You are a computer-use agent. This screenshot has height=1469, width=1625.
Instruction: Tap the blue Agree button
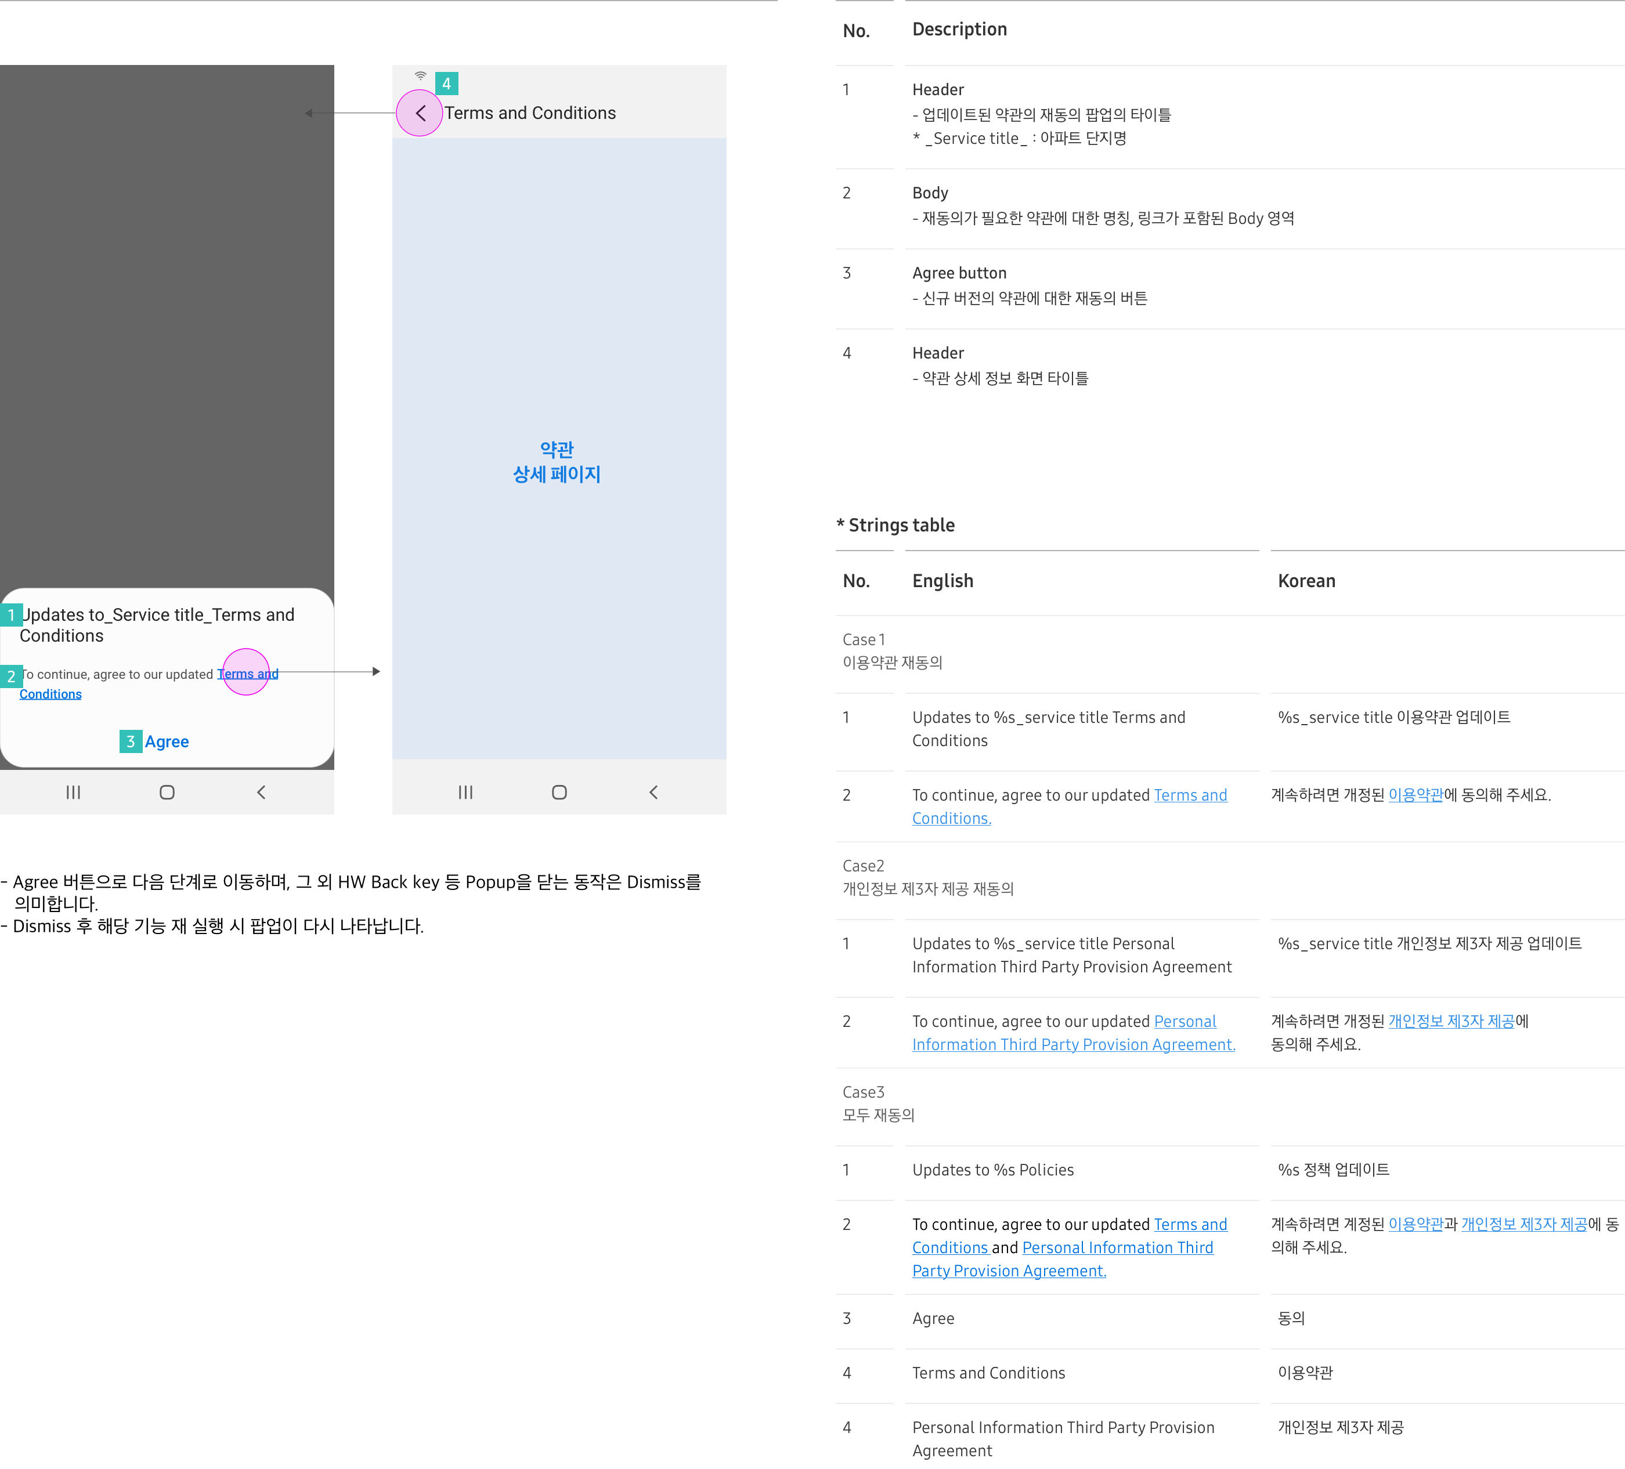click(167, 741)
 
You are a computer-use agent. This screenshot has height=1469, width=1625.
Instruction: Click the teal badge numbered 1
click(11, 615)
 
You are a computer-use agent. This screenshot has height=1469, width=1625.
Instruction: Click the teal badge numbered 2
click(11, 676)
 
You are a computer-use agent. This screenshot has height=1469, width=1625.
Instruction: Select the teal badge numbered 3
click(131, 741)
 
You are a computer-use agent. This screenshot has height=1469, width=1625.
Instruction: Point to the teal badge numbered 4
click(446, 84)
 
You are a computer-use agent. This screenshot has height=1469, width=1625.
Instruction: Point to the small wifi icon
click(421, 76)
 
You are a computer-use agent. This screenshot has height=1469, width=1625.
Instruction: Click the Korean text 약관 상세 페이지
click(557, 462)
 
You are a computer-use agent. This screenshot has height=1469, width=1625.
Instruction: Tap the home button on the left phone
click(167, 792)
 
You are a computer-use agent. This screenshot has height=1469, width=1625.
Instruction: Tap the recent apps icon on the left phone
click(73, 792)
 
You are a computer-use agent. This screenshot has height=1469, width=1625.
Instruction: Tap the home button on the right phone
click(559, 792)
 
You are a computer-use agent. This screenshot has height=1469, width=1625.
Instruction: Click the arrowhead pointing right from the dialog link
click(377, 671)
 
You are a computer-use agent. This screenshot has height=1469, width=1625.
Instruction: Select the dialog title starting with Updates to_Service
click(157, 625)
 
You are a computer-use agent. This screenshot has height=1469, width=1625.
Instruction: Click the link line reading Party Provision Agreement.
click(1009, 1271)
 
